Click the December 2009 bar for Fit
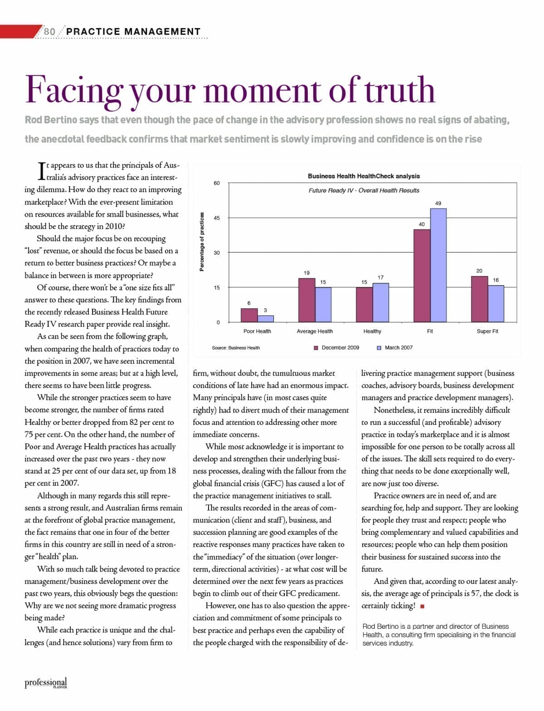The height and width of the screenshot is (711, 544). [x=422, y=276]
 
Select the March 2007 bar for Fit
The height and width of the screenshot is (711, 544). [x=438, y=265]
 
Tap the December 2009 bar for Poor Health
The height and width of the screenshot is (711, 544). [x=249, y=315]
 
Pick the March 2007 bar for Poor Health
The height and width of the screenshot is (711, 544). [x=266, y=319]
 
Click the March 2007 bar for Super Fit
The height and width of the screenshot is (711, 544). [x=495, y=304]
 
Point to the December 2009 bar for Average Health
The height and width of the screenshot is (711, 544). [x=306, y=300]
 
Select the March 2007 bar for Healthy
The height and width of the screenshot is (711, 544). [x=381, y=302]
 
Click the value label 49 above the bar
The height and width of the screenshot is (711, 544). [x=438, y=203]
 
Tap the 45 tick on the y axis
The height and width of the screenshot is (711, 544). [x=217, y=218]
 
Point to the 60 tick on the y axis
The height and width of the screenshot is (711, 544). [x=217, y=183]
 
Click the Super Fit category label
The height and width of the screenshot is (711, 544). [x=487, y=331]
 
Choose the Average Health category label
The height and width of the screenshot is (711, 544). [x=315, y=331]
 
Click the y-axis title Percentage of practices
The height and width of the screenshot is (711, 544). [x=202, y=242]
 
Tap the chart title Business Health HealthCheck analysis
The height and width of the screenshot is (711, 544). [x=364, y=176]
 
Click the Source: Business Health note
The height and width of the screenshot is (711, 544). [x=236, y=348]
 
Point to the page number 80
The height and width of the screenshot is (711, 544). [x=50, y=31]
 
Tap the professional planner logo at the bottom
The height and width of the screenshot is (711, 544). [x=46, y=683]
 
